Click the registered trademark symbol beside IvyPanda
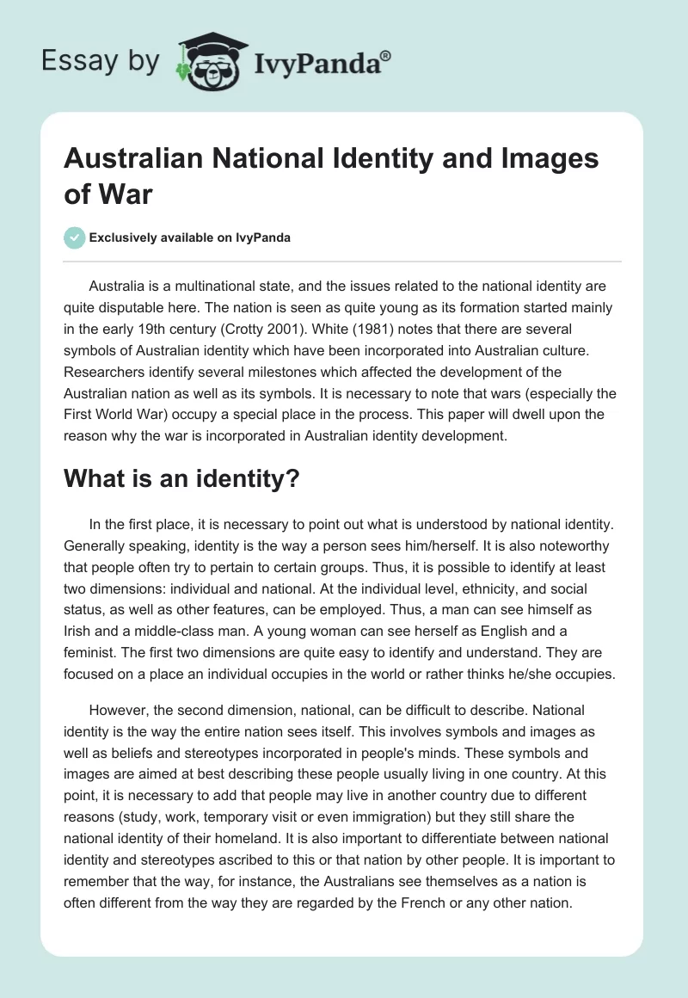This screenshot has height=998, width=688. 386,55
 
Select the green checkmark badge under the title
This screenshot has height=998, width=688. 75,237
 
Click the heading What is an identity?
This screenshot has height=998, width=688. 181,480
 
